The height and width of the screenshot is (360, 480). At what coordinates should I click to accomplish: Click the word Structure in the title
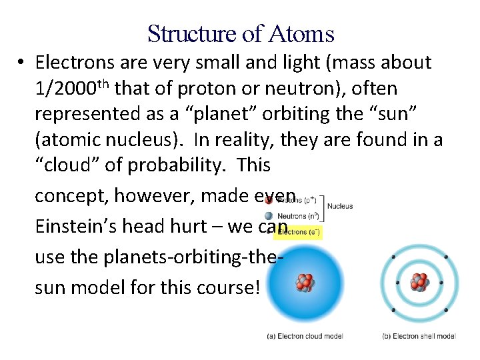pos(182,33)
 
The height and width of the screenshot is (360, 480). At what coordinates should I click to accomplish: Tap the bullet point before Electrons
pos(22,63)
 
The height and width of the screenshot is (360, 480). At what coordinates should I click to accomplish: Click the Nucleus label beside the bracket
pos(340,207)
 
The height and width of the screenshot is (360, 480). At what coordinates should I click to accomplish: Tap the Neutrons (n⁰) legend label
pos(297,216)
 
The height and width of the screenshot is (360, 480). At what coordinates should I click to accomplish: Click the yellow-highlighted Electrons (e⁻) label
pos(298,232)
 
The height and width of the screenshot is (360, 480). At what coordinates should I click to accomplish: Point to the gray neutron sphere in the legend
pos(269,216)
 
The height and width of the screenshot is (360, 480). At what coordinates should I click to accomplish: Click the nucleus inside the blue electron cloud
pos(305,283)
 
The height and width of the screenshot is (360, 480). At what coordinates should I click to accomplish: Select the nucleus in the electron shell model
pos(420,283)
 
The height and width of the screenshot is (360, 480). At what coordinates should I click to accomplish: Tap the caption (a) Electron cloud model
pos(305,336)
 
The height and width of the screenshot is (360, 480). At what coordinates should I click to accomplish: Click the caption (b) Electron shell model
pos(419,336)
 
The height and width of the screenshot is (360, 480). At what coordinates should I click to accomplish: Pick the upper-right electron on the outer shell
pos(445,257)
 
